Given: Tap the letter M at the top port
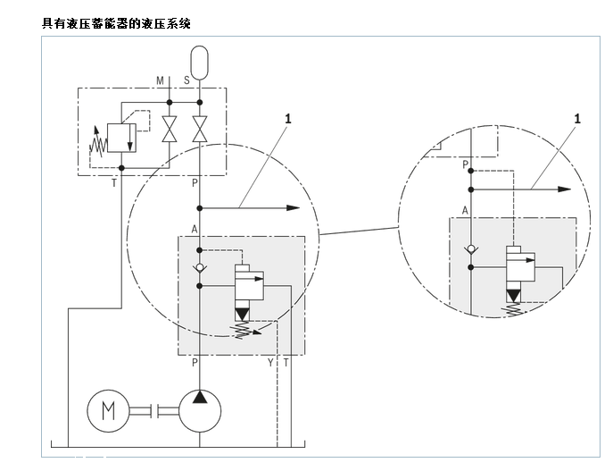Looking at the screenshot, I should tap(161, 80).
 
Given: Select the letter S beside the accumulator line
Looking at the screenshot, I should tap(186, 80).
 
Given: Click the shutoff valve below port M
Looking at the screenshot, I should tap(169, 130).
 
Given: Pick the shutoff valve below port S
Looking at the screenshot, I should tap(200, 130).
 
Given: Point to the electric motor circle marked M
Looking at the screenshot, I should tap(109, 410).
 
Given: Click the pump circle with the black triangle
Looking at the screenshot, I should tap(200, 410).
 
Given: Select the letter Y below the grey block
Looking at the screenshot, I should tap(270, 362).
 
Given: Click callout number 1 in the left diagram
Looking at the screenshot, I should tap(288, 117).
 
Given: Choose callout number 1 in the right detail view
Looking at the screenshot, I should tap(577, 117).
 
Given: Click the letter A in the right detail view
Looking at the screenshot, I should tap(465, 210).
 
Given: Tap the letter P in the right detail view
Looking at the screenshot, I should tap(465, 164).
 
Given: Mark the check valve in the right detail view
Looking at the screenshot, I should tap(470, 250).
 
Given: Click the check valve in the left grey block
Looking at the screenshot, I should tap(200, 267).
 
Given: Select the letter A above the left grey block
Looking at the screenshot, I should tap(194, 229).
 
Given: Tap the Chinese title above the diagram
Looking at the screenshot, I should tap(116, 22).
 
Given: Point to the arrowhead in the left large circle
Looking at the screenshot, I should tap(294, 207).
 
